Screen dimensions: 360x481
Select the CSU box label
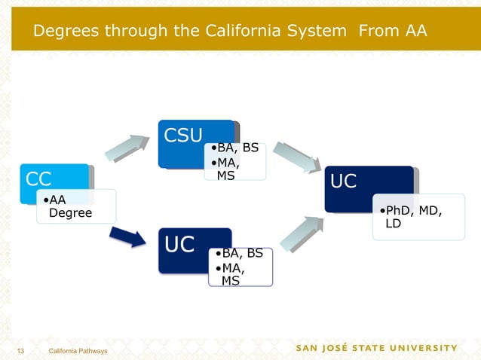pyautogui.click(x=184, y=136)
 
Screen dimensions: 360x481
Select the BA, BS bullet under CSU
pyautogui.click(x=235, y=148)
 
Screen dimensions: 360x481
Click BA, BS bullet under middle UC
pyautogui.click(x=241, y=254)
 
